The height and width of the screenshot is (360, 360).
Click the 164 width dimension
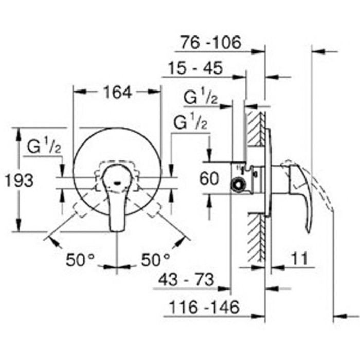pyautogui.click(x=117, y=93)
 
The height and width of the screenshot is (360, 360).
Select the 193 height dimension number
pyautogui.click(x=19, y=180)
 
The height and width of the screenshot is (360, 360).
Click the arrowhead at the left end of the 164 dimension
pyautogui.click(x=77, y=93)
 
